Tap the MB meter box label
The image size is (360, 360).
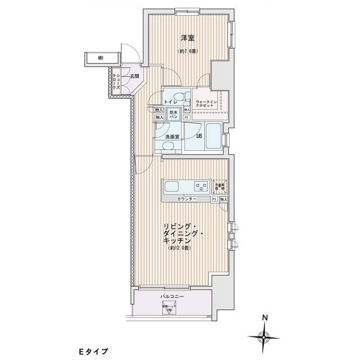(x=100, y=57)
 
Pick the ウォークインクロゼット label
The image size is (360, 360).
(x=205, y=103)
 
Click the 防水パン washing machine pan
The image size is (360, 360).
(x=174, y=115)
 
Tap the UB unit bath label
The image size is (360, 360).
(x=199, y=136)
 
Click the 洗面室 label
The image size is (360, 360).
(x=172, y=137)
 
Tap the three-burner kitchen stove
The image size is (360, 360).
(x=200, y=186)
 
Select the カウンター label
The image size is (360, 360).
(x=187, y=200)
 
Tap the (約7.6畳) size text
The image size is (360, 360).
(x=187, y=51)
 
